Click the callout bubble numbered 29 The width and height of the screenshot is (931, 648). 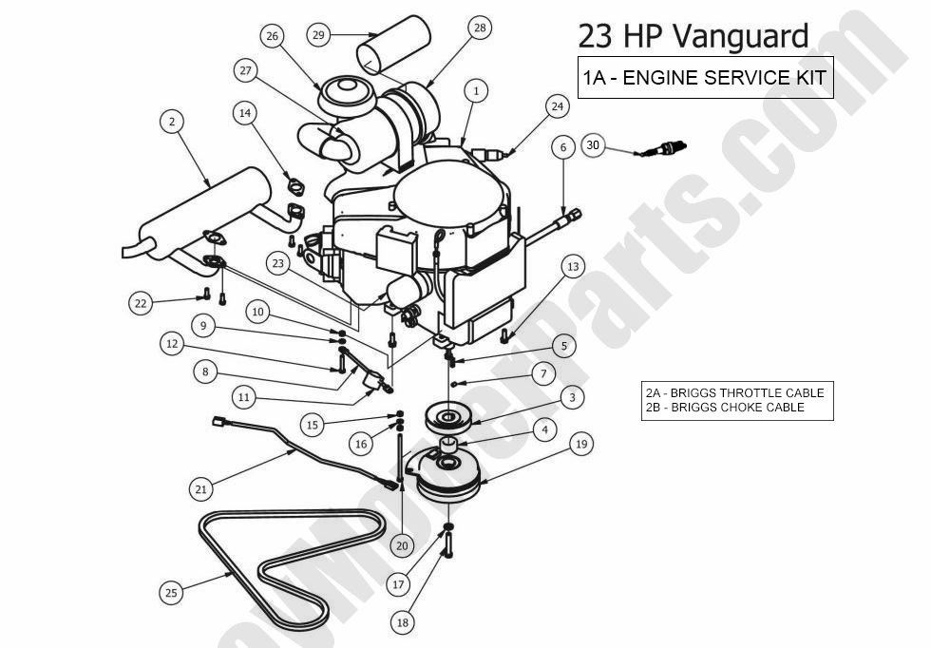319,34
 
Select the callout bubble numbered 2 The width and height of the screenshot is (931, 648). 172,122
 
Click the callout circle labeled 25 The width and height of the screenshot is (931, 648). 171,593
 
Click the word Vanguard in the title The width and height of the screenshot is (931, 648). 741,36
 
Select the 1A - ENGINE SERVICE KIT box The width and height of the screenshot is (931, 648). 705,78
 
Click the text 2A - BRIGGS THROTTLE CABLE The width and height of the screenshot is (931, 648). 734,393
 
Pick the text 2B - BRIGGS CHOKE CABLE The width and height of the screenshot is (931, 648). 724,408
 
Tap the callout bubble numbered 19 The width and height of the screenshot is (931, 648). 582,444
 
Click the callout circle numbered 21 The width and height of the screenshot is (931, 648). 200,489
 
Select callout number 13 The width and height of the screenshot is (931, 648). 572,267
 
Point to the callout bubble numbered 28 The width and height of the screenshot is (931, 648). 479,28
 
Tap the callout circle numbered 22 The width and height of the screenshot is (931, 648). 142,303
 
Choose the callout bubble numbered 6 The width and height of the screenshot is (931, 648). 563,147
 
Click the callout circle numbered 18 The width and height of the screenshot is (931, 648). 403,622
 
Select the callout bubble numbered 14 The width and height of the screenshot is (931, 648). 245,113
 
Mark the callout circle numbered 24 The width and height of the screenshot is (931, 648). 557,106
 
